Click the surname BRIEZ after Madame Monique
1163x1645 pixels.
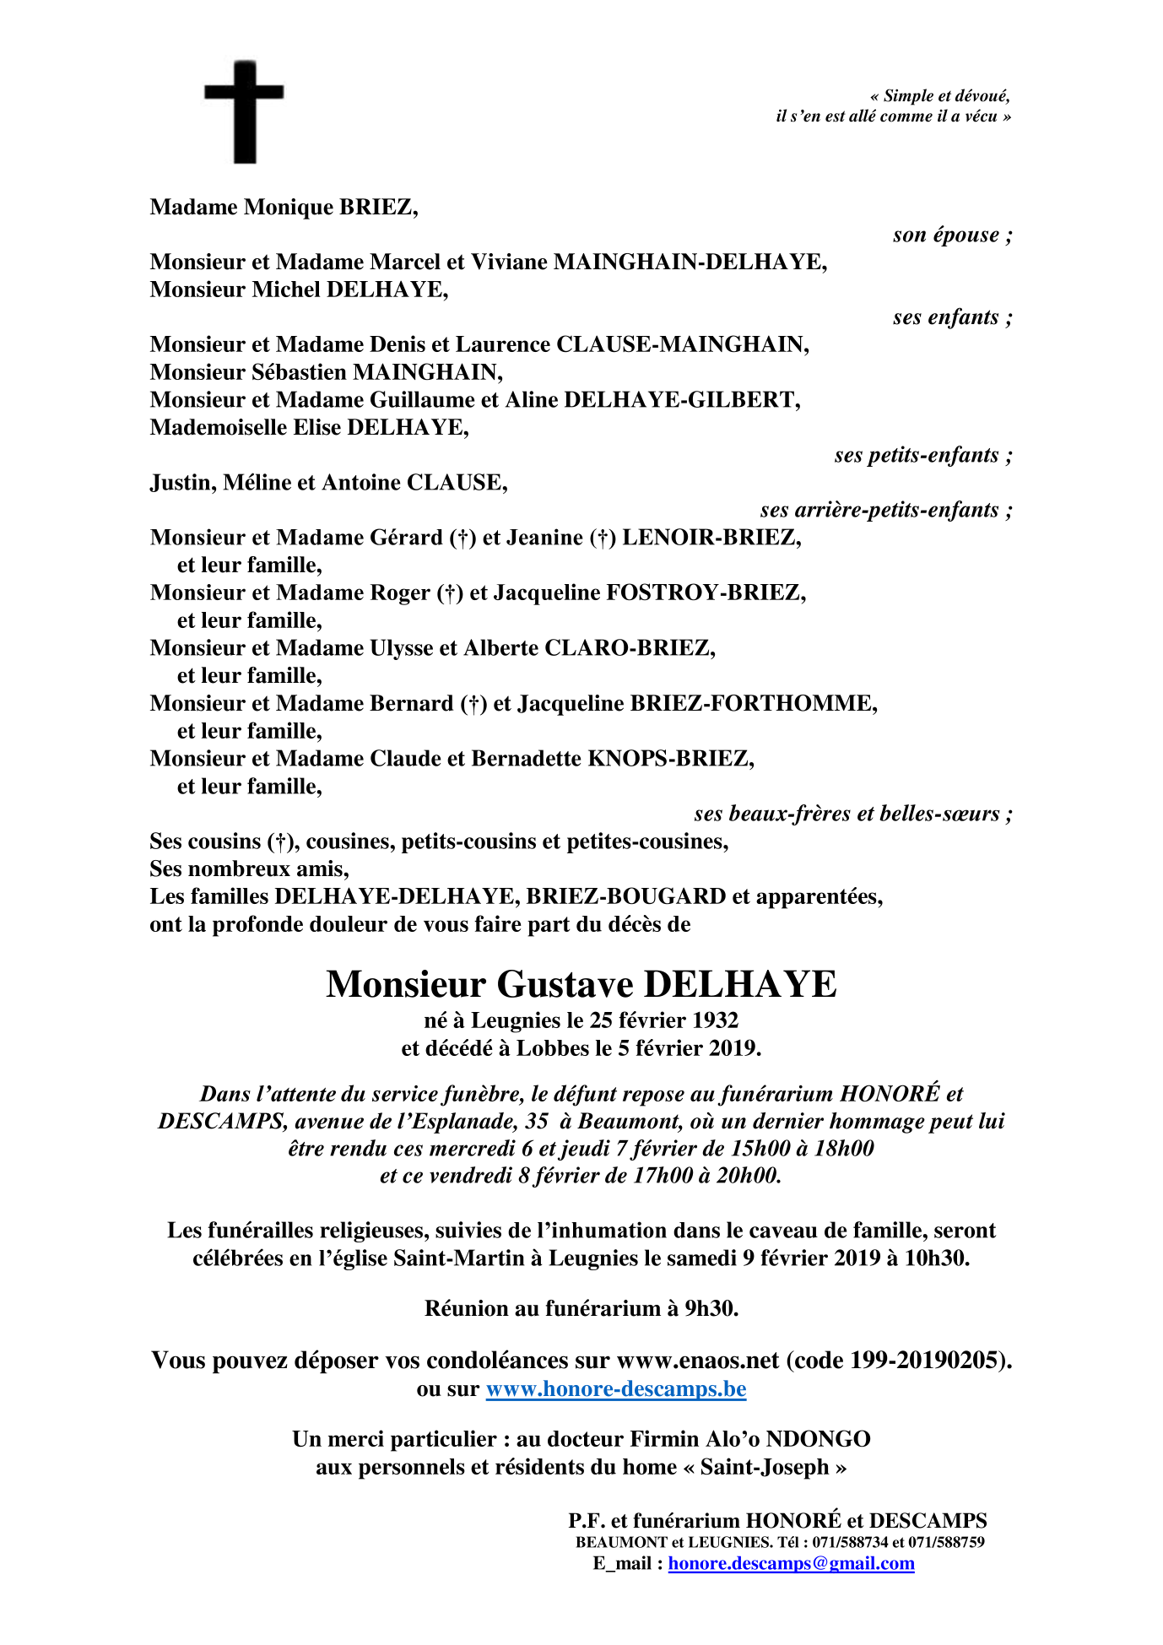[x=378, y=208]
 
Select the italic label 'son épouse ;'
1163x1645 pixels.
[x=952, y=235]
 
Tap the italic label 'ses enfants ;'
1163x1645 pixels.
[x=952, y=317]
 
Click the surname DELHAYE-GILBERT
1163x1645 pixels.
[x=681, y=400]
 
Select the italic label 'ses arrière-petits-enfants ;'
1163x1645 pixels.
[x=885, y=511]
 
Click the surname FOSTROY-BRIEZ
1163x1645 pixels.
[x=706, y=593]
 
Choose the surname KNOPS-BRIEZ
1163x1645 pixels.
[x=670, y=759]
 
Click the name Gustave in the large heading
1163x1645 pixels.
[x=565, y=985]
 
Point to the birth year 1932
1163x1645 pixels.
[x=715, y=1021]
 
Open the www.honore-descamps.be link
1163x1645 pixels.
[x=616, y=1389]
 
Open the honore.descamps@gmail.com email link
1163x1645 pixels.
[x=791, y=1564]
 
